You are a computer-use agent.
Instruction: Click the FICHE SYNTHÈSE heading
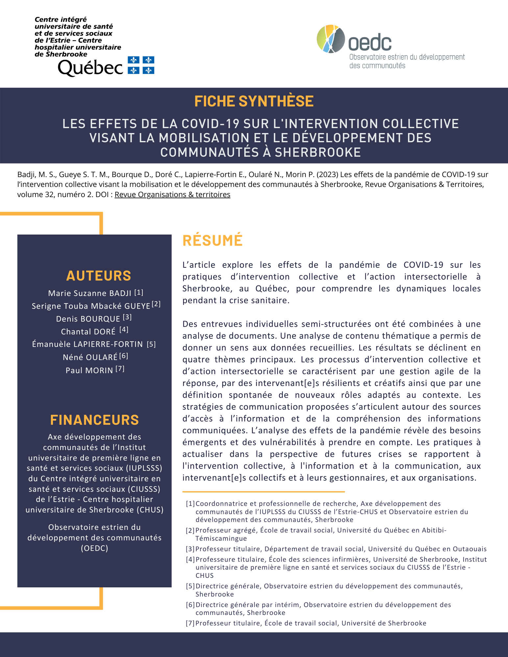coord(254,101)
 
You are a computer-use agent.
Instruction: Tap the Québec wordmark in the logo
coord(90,68)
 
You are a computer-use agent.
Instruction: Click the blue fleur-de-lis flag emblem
coord(141,65)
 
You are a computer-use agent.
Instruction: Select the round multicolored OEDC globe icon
coord(330,39)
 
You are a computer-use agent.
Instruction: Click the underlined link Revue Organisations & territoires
coord(172,194)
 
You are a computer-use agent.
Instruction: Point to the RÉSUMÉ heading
coord(212,240)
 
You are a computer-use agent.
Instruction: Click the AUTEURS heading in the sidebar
coord(99,276)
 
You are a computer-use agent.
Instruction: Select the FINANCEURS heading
coord(94,420)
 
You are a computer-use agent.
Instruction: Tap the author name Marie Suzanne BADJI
coord(90,293)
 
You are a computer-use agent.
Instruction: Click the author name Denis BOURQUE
coord(88,319)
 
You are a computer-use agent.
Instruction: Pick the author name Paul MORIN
coord(89,371)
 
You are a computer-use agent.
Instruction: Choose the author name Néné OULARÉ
coord(90,357)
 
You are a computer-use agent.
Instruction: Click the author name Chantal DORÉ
coord(88,332)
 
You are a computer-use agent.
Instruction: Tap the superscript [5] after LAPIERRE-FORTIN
coord(151,344)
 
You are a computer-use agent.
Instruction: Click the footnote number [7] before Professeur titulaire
coord(190,623)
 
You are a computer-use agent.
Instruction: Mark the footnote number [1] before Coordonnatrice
coord(190,504)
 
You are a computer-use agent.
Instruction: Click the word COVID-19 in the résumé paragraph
coord(423,265)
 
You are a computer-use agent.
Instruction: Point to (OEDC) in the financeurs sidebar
coord(94,548)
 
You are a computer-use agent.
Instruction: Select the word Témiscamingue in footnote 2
coord(221,538)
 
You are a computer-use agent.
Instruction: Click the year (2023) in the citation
coord(327,174)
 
